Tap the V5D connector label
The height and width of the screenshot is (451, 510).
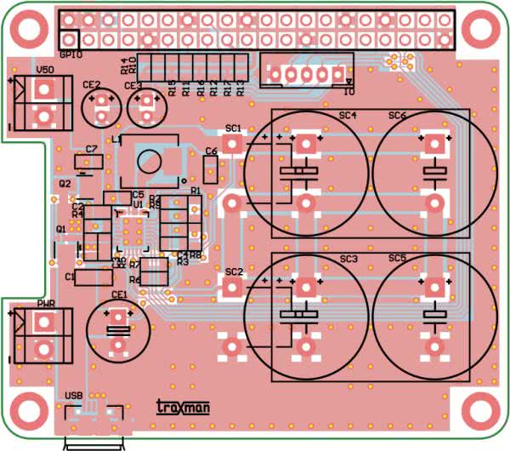(x=45, y=70)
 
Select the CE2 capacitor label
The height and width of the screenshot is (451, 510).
(x=92, y=84)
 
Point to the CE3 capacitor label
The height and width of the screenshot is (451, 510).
(x=133, y=85)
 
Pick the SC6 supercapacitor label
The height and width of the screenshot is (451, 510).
(x=397, y=115)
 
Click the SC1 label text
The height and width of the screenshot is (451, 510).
(x=234, y=128)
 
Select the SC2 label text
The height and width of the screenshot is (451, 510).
(x=234, y=271)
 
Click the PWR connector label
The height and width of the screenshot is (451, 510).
(x=45, y=304)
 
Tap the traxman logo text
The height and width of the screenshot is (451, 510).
(x=184, y=408)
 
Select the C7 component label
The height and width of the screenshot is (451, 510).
(x=92, y=149)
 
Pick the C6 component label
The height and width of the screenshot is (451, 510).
(x=212, y=151)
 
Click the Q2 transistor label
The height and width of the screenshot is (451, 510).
(x=65, y=183)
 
